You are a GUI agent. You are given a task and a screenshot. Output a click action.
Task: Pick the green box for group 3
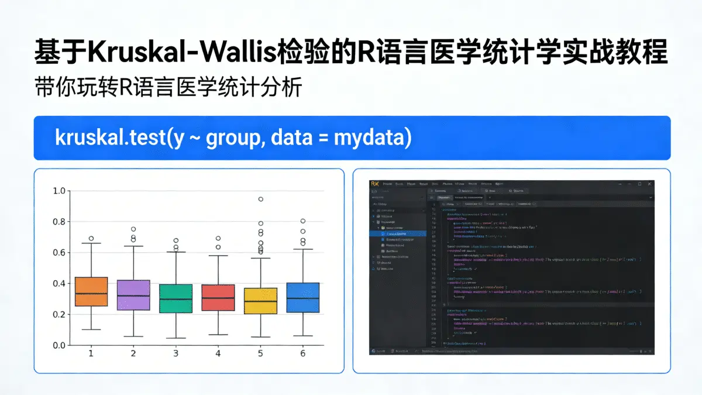tap(175, 298)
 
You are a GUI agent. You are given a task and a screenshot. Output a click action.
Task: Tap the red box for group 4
tap(218, 297)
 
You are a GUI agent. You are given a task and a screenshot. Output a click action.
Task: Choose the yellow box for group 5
tap(260, 301)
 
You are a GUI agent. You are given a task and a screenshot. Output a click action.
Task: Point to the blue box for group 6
tap(303, 297)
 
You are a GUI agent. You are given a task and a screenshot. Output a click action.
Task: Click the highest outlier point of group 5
tap(261, 199)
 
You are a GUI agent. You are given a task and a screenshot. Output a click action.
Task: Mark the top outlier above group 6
tap(303, 221)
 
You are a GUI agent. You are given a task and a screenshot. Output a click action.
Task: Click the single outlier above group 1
tap(91, 238)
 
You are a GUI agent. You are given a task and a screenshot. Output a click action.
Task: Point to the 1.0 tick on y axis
tap(59, 191)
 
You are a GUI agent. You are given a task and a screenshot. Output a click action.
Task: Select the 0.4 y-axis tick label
tap(59, 283)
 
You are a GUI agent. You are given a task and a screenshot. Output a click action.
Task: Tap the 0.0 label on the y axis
tap(59, 345)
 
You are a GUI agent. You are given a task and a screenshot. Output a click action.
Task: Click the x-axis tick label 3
tap(175, 353)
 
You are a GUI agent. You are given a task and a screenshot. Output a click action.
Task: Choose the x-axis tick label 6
tap(303, 353)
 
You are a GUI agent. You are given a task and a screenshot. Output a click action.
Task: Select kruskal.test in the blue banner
tap(111, 138)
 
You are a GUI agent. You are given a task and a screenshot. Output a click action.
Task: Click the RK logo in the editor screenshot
tap(374, 184)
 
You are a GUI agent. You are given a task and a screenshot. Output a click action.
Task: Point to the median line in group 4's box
tap(218, 297)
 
